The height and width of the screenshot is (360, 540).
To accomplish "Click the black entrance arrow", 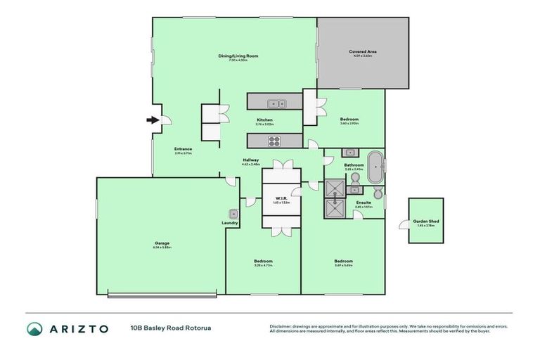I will pyautogui.click(x=153, y=120).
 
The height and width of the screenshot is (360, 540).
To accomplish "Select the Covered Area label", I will pyautogui.click(x=362, y=51).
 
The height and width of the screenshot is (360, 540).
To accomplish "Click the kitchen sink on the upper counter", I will pyautogui.click(x=281, y=104).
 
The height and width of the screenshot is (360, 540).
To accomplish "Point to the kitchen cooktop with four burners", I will pyautogui.click(x=274, y=139).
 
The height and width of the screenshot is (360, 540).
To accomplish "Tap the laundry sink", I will pyautogui.click(x=233, y=214).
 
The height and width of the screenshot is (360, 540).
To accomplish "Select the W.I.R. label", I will pyautogui.click(x=281, y=198).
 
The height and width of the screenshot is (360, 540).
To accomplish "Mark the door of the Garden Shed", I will pyautogui.click(x=404, y=224).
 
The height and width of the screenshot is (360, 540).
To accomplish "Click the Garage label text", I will pyautogui.click(x=161, y=243).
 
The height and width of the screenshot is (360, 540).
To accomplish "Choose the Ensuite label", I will pyautogui.click(x=363, y=202).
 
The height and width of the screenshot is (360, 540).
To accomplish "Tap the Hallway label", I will pyautogui.click(x=251, y=160).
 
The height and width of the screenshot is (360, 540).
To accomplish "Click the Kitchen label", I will pyautogui.click(x=264, y=120).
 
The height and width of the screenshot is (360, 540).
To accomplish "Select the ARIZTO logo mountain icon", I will pyautogui.click(x=34, y=328).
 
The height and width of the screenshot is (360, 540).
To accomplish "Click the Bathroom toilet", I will pyautogui.click(x=378, y=193).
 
